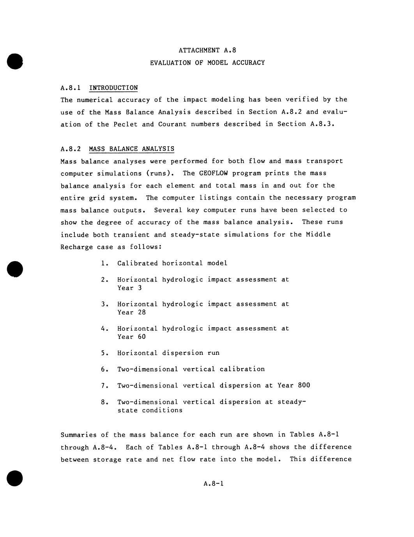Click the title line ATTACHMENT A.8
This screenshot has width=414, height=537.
(x=207, y=50)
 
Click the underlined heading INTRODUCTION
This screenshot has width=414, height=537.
(x=113, y=88)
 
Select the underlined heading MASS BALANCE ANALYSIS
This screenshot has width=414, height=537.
(x=131, y=149)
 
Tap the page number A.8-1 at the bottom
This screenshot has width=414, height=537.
(x=213, y=484)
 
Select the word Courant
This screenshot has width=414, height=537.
(x=172, y=125)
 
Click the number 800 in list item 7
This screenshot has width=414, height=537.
(x=304, y=386)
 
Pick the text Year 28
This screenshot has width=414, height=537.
(x=131, y=312)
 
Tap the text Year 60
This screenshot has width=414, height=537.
(x=131, y=337)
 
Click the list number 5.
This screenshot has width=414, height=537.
(x=103, y=353)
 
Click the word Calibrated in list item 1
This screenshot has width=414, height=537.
(x=138, y=263)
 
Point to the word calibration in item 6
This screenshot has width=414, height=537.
(x=242, y=369)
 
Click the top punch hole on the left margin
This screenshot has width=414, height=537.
(x=15, y=61)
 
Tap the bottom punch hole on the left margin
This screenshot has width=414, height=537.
(x=15, y=478)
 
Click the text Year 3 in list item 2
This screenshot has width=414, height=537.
(x=129, y=288)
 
